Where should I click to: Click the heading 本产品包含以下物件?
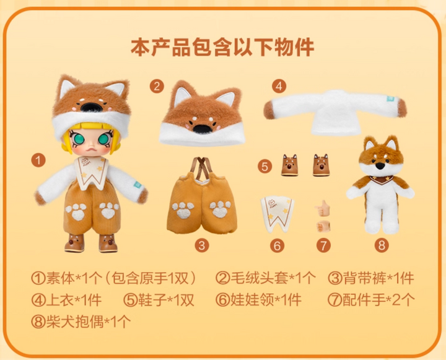click(x=223, y=47)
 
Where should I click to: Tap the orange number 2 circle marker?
click(x=157, y=86)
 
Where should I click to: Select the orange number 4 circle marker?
click(x=279, y=86)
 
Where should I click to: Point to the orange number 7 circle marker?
click(x=323, y=245)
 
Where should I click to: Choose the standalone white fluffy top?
click(x=335, y=112)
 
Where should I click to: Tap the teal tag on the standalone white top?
click(x=390, y=99)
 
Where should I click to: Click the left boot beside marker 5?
click(x=290, y=165)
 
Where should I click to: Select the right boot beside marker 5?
click(x=321, y=165)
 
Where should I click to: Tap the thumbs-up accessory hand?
click(x=322, y=208)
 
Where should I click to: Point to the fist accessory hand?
click(x=323, y=226)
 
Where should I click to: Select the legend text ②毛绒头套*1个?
click(x=266, y=278)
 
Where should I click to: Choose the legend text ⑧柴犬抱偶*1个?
click(x=81, y=322)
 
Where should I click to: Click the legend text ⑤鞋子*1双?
click(x=159, y=300)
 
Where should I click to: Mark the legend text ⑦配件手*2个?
click(x=371, y=300)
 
